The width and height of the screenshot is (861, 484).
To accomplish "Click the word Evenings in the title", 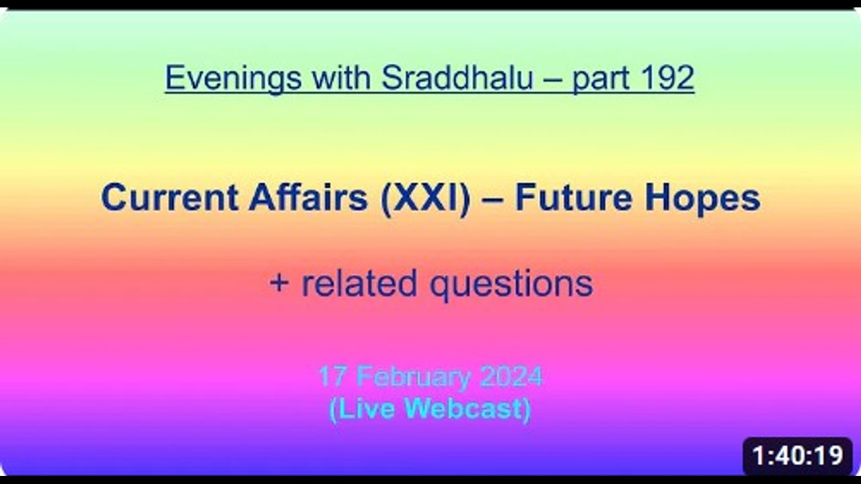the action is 233,79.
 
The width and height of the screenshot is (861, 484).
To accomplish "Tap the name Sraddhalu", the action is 457,77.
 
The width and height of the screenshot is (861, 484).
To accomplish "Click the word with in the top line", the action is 341,77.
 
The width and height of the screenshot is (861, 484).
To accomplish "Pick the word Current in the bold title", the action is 170,198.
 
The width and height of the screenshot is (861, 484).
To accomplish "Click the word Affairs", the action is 308,198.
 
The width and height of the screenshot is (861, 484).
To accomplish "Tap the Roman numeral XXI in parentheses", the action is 426,198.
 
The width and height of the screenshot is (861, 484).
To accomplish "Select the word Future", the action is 574,198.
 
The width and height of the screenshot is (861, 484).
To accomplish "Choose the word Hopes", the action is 702,199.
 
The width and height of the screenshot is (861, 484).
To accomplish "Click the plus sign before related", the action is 279,283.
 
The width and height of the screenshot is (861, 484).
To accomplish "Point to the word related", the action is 359,283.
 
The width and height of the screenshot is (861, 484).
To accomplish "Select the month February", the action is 414,377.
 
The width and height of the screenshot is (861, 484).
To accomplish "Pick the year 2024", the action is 512,376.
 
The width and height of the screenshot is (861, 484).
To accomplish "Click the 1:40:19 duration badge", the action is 798,456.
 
